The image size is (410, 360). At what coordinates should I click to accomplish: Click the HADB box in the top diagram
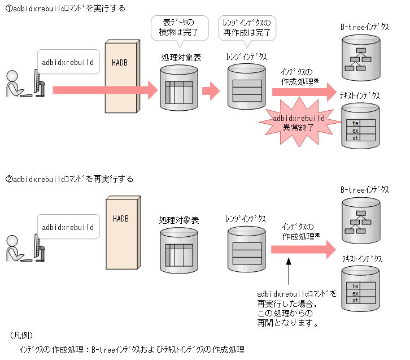click(x=121, y=76)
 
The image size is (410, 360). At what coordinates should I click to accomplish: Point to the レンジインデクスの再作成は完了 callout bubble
click(x=247, y=28)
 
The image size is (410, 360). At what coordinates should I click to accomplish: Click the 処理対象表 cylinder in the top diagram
click(x=179, y=88)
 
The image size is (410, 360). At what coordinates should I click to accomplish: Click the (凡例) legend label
click(x=22, y=335)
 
